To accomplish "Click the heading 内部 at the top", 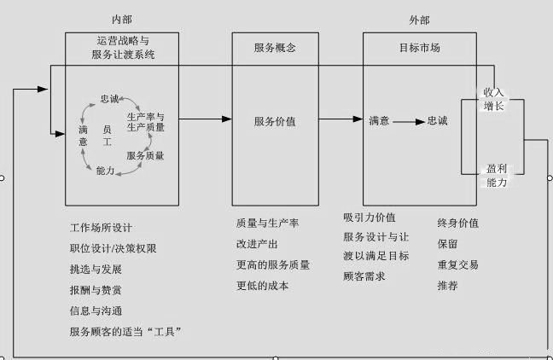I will pyautogui.click(x=121, y=19).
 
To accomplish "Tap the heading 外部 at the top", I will pyautogui.click(x=420, y=19).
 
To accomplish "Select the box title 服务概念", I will pyautogui.click(x=275, y=49).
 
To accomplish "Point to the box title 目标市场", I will pyautogui.click(x=419, y=49).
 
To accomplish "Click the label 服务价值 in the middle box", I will pyautogui.click(x=275, y=121).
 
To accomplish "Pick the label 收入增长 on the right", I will pyautogui.click(x=493, y=98).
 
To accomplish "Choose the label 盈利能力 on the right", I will pyautogui.click(x=495, y=177).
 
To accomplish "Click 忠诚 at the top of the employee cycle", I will pyautogui.click(x=110, y=99).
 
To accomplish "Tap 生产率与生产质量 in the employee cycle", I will pyautogui.click(x=145, y=121).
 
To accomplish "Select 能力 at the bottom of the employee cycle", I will pyautogui.click(x=106, y=171).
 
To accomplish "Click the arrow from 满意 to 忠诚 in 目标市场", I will pyautogui.click(x=408, y=121).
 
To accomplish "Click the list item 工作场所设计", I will pyautogui.click(x=102, y=228).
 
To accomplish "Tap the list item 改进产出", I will pyautogui.click(x=256, y=244).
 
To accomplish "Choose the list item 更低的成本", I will pyautogui.click(x=262, y=286).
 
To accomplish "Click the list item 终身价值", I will pyautogui.click(x=457, y=224).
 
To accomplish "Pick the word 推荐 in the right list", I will pyautogui.click(x=447, y=286).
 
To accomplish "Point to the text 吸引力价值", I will pyautogui.click(x=369, y=218).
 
